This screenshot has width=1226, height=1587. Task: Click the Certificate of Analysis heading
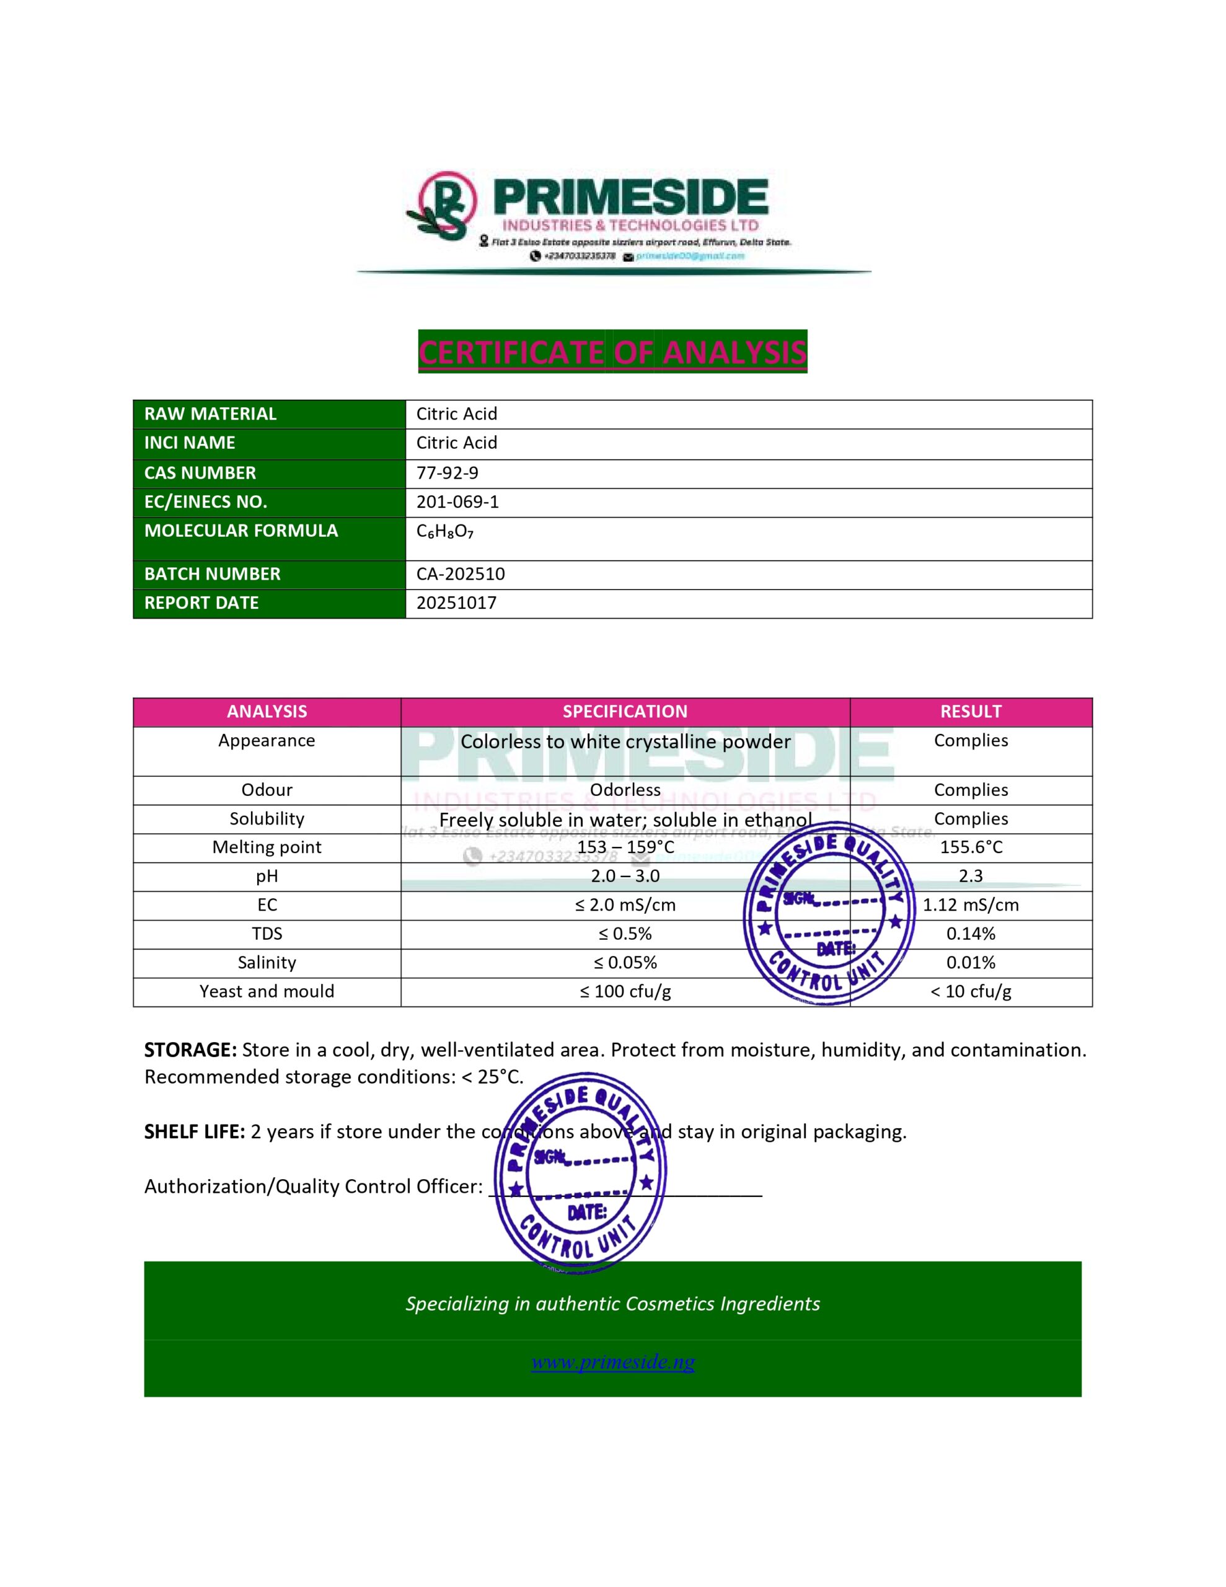pyautogui.click(x=612, y=352)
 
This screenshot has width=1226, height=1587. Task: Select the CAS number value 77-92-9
pyautogui.click(x=447, y=473)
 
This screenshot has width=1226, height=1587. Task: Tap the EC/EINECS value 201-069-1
pyautogui.click(x=457, y=502)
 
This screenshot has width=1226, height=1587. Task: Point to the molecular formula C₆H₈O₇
pyautogui.click(x=445, y=532)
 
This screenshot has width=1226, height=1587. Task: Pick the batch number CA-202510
pyautogui.click(x=460, y=574)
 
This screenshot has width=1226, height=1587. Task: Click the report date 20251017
pyautogui.click(x=456, y=603)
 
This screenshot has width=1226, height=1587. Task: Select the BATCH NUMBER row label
pyautogui.click(x=212, y=574)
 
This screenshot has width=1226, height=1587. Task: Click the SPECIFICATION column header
pyautogui.click(x=625, y=712)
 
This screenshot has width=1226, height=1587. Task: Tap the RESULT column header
pyautogui.click(x=970, y=712)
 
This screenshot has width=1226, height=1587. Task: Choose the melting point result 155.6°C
pyautogui.click(x=970, y=847)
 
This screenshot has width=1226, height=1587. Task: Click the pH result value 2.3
pyautogui.click(x=970, y=877)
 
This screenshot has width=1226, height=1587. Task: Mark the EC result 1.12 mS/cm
pyautogui.click(x=970, y=906)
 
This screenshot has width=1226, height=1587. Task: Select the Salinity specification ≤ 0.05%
pyautogui.click(x=625, y=963)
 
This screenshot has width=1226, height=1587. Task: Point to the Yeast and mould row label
pyautogui.click(x=267, y=992)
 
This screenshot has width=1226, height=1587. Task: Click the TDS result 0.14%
pyautogui.click(x=970, y=934)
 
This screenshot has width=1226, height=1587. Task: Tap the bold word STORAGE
pyautogui.click(x=190, y=1050)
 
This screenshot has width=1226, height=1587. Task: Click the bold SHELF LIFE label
pyautogui.click(x=194, y=1131)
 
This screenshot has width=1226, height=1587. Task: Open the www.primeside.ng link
pyautogui.click(x=612, y=1362)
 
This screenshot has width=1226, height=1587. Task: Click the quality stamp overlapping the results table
pyautogui.click(x=829, y=914)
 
